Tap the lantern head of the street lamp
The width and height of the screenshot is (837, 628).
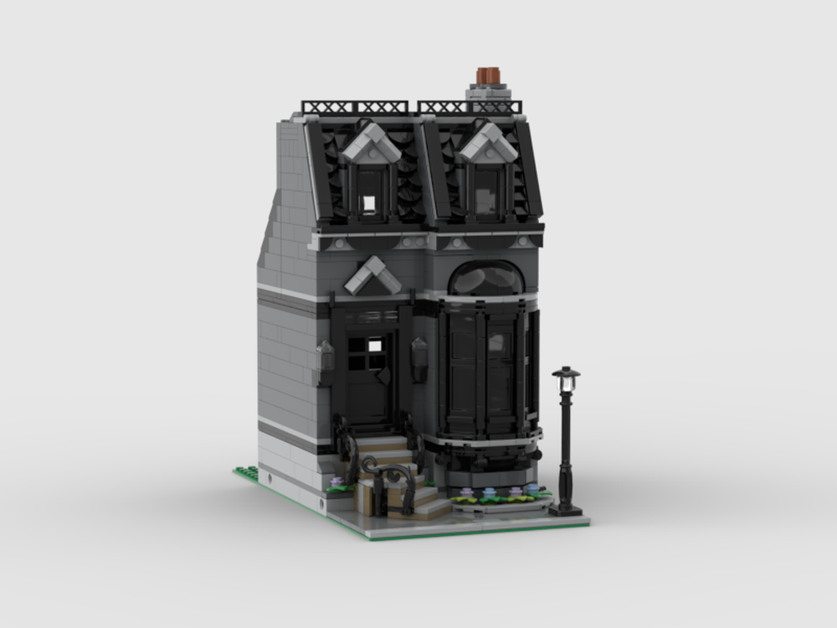point(567,379)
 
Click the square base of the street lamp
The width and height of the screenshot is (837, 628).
point(566,508)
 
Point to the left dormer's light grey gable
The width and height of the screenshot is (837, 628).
point(370,143)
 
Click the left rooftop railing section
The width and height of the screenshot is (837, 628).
point(355,107)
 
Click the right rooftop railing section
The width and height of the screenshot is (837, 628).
point(470,107)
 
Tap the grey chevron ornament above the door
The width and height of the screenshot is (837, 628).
point(372,274)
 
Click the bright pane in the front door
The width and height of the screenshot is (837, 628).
point(373,344)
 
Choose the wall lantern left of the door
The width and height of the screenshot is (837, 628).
point(324,358)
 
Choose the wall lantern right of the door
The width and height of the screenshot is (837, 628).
point(419,358)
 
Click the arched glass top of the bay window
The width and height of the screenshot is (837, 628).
point(487,279)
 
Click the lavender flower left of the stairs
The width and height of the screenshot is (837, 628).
point(336,482)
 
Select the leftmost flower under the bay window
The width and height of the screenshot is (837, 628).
point(463,492)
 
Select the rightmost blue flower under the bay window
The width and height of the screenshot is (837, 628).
point(529,489)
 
